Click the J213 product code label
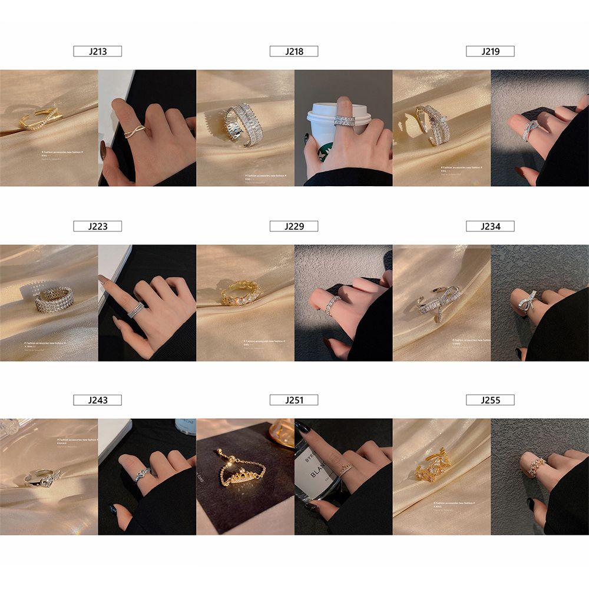98,51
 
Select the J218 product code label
294,51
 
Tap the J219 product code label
490,51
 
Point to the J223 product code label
98,226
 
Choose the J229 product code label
294,226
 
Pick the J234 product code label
490,226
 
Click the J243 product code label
98,401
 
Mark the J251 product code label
294,401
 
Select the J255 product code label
490,401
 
